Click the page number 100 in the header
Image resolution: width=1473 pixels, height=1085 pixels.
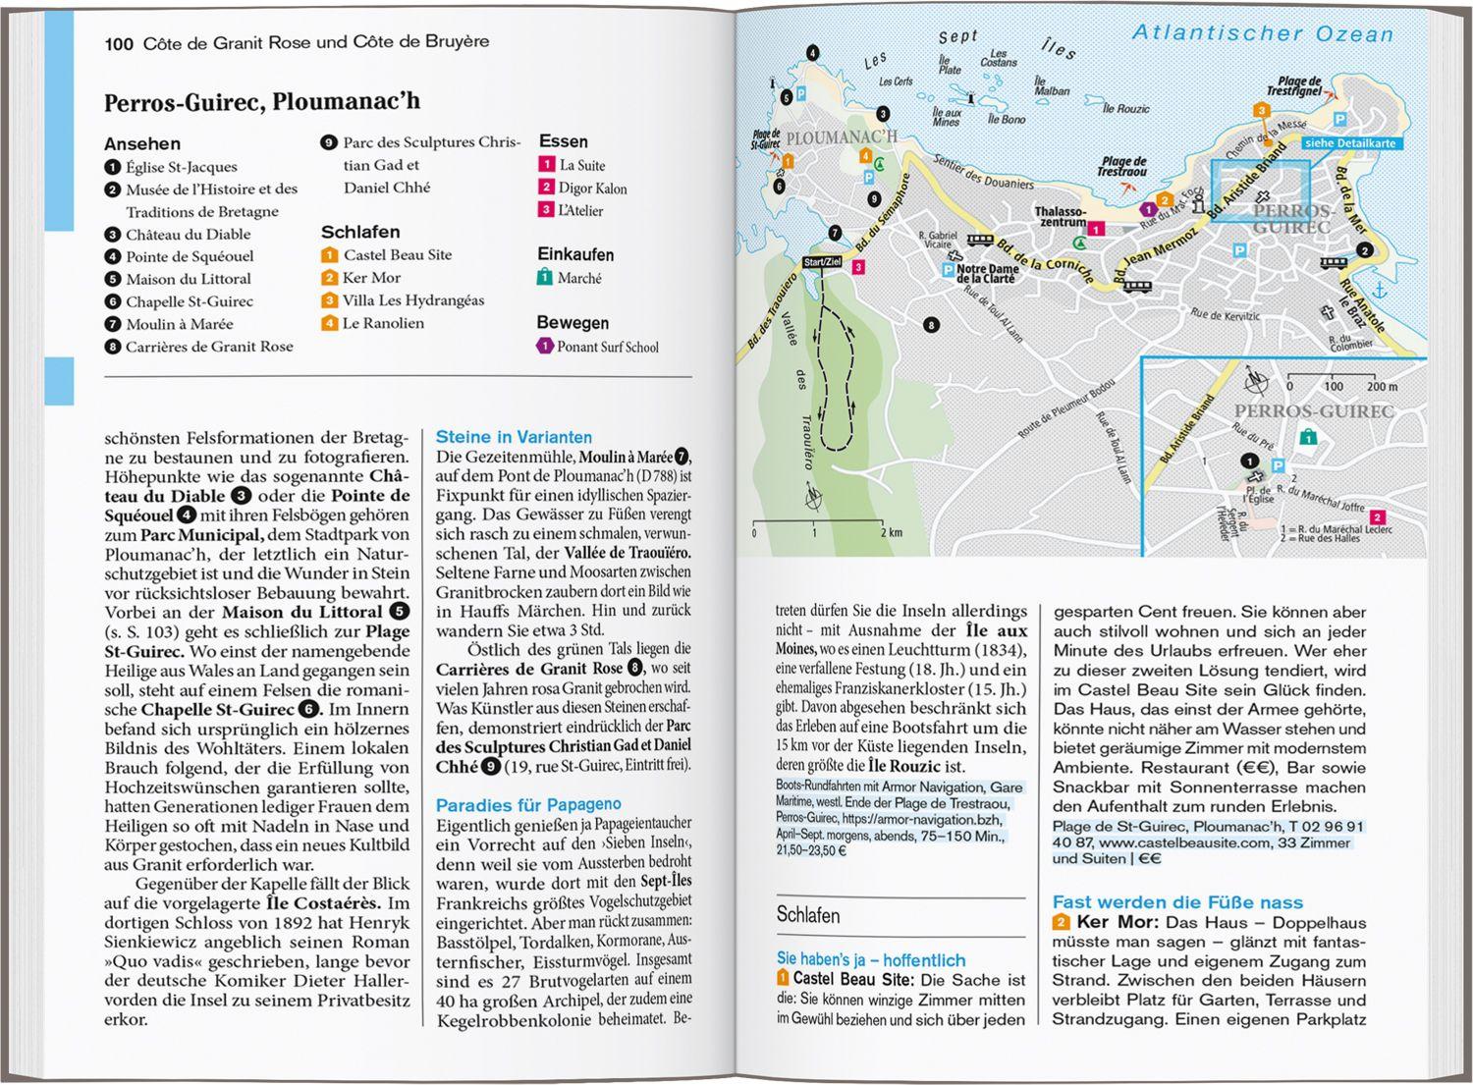(x=119, y=43)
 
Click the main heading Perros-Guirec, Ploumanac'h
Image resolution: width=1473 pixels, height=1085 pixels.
(x=262, y=102)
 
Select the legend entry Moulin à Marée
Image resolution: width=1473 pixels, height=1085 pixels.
(x=179, y=324)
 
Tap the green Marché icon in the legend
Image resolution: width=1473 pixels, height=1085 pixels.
(x=545, y=278)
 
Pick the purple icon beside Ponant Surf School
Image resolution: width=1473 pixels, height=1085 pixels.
(x=545, y=346)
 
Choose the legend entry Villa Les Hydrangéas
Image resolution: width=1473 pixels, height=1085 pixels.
(x=412, y=300)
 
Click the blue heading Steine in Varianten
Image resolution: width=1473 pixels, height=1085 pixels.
(x=514, y=437)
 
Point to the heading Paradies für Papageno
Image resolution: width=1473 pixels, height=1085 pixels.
(x=528, y=804)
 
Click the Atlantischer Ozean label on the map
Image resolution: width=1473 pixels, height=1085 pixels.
(x=1262, y=33)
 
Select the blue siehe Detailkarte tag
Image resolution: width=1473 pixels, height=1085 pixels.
(x=1350, y=143)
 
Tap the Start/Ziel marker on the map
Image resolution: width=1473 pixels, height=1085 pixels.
(x=823, y=262)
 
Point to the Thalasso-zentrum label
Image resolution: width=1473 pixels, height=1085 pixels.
(x=1061, y=217)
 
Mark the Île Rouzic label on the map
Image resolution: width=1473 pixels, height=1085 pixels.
(x=1125, y=109)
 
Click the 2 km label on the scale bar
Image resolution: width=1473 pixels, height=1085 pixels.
(x=892, y=532)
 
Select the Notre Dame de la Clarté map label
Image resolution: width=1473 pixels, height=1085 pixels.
(x=987, y=274)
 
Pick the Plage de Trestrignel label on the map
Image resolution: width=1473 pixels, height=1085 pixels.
(x=1293, y=86)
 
